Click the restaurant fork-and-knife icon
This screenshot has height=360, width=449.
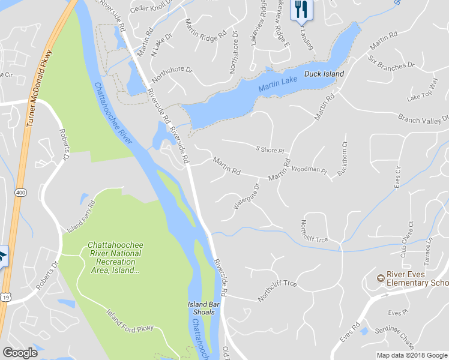[x=301, y=8]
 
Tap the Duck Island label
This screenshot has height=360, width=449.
[x=324, y=74]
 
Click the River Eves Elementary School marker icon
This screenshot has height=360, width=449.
[x=380, y=278]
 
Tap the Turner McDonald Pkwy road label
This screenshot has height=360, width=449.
[x=38, y=87]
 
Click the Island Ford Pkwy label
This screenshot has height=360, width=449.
[x=130, y=322]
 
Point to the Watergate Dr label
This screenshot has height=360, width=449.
[x=246, y=197]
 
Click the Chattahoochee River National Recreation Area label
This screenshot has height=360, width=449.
[x=115, y=257]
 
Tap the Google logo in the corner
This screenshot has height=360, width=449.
[x=20, y=353]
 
